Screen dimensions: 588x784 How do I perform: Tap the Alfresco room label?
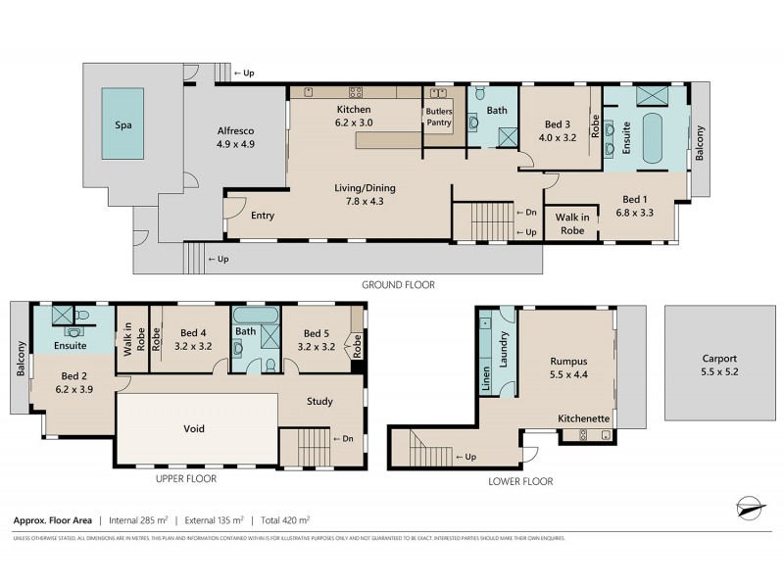click(235, 137)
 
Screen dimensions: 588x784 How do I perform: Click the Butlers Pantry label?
click(438, 118)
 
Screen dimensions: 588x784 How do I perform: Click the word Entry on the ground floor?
click(262, 216)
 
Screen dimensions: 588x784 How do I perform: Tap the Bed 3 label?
click(557, 131)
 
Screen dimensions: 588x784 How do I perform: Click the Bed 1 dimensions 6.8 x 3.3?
click(634, 213)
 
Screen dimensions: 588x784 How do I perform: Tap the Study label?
click(319, 401)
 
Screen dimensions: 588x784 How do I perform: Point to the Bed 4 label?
click(193, 338)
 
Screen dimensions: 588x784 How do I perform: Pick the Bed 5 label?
click(317, 338)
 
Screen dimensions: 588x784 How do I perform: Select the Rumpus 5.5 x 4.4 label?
click(568, 367)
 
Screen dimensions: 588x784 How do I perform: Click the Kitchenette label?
click(584, 418)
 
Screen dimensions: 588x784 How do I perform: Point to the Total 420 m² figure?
click(284, 520)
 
